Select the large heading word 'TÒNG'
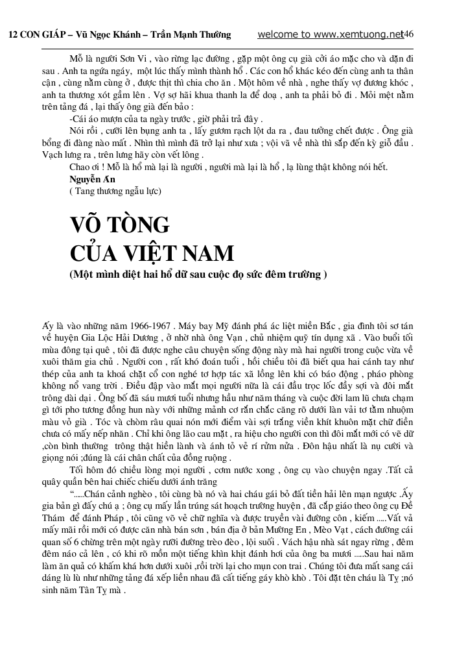pos(139,225)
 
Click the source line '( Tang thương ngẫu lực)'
pos(115,191)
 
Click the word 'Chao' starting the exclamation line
pos(80,167)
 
